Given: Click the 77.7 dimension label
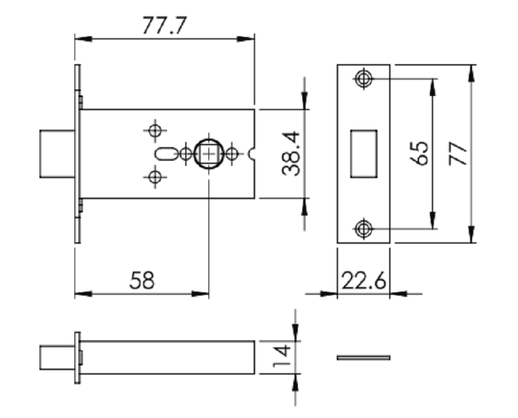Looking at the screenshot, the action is coord(164,25).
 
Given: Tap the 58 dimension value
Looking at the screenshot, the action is coord(142,281).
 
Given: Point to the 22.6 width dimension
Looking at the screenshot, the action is coord(363,281).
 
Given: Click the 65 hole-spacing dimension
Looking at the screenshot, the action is coord(419,154).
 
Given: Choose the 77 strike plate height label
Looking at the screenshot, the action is coord(458,154).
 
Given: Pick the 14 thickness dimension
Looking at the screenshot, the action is coord(282,357).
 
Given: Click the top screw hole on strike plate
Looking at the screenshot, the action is coord(364,78).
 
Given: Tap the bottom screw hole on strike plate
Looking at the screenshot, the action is coord(364,228).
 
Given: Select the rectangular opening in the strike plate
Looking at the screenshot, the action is coord(364,154).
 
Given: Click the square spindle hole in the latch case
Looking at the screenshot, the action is coord(208,154).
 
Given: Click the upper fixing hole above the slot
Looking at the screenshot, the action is coord(155,130).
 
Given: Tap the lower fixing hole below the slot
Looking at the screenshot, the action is coord(155,177).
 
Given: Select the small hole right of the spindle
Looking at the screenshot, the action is coord(232,154).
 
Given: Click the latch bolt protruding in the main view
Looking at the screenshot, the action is coord(57,154).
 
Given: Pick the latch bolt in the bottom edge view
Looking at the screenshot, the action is coord(57,358).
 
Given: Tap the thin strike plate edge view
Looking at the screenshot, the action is coord(364,358).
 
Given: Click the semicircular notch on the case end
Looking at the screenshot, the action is coord(253,154).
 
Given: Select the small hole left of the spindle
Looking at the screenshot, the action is coord(186,154).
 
